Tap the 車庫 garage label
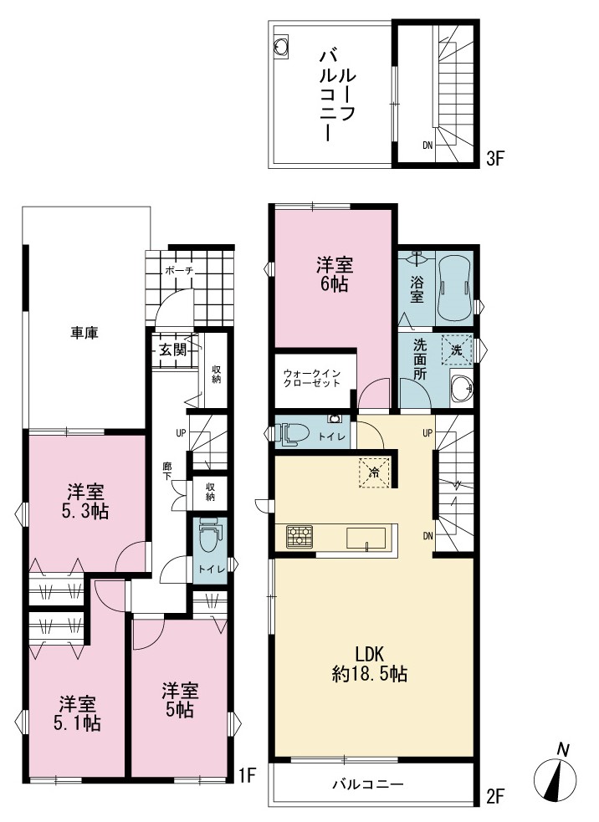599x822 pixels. pos(84,333)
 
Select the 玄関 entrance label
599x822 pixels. pos(172,350)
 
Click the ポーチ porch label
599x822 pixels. pos(179,271)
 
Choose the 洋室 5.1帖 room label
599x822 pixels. pos(77,713)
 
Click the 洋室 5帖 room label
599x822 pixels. pos(179,700)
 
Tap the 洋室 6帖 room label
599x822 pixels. pos(334,273)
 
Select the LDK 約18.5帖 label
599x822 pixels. pos(370,664)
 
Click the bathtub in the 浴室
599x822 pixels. pos(454,288)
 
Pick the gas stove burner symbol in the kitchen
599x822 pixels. pos(299,537)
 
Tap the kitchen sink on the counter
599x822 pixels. pos(366,539)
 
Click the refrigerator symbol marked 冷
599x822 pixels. pos(374,472)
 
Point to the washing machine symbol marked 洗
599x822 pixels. pos(456,350)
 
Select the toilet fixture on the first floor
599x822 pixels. pos(210,534)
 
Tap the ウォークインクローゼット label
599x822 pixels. pos(312,378)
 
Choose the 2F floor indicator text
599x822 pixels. pos(494,797)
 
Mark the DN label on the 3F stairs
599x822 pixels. pos(427,146)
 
